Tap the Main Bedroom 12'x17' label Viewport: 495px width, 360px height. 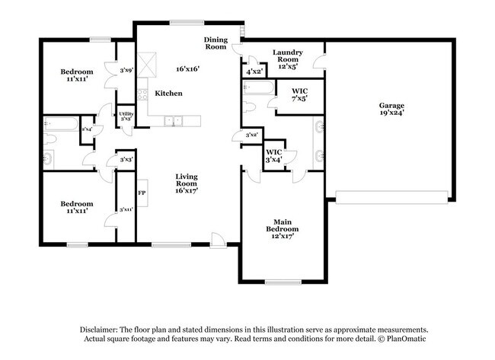[282, 232]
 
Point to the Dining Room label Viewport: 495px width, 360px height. [216, 43]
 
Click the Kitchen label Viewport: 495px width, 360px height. [168, 93]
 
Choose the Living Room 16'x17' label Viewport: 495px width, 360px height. [186, 183]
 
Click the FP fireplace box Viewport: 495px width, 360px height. [142, 193]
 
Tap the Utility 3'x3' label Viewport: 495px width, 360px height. [126, 116]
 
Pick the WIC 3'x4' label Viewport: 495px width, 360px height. [273, 155]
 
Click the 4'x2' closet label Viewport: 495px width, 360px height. [254, 72]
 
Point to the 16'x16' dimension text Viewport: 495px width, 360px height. [187, 68]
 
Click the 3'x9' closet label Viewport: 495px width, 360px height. [126, 71]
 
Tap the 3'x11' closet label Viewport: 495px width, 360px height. [126, 209]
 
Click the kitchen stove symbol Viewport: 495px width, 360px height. [142, 95]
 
